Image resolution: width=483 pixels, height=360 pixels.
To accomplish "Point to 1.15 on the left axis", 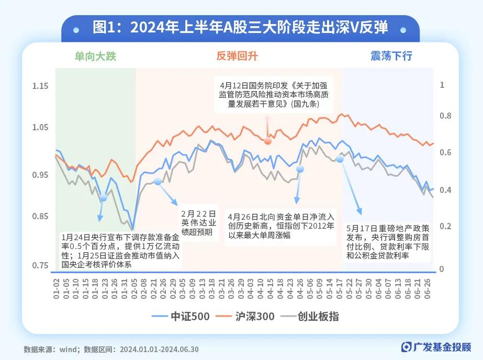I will pyautogui.click(x=40, y=86).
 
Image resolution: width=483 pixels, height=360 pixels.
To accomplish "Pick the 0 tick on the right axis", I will pyautogui.click(x=441, y=269).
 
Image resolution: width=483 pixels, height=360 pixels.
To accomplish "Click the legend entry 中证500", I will pyautogui.click(x=182, y=317).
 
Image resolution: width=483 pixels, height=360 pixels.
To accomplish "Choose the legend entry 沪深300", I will pyautogui.click(x=250, y=317).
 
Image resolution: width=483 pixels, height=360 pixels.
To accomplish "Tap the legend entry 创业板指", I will pyautogui.click(x=314, y=317).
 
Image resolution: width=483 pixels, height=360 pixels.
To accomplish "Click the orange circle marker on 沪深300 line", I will pyautogui.click(x=268, y=141).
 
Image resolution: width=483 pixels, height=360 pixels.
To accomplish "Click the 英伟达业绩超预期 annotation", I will pyautogui.click(x=198, y=223).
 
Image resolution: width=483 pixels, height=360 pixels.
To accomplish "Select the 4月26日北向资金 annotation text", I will pyautogui.click(x=280, y=226).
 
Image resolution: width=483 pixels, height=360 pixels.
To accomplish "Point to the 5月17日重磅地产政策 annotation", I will pyautogui.click(x=388, y=242).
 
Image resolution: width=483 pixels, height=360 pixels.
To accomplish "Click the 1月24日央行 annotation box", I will pyautogui.click(x=120, y=250).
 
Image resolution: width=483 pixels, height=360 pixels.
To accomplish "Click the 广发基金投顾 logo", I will pyautogui.click(x=436, y=347).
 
